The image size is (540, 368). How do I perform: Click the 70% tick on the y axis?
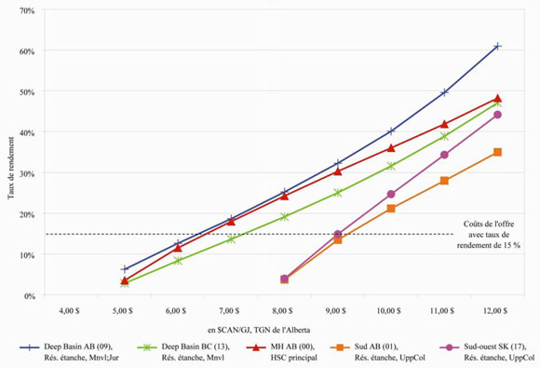(x=26, y=10)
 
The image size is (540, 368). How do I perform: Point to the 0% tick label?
(x=28, y=295)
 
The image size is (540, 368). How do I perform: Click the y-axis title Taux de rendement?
(x=10, y=154)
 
